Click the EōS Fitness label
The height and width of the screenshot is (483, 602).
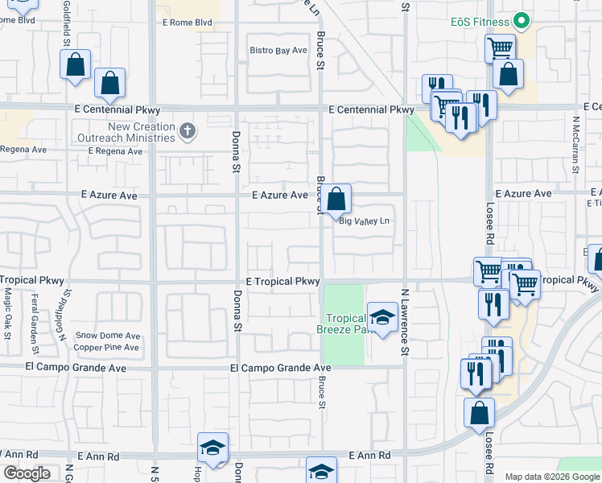pos(480,22)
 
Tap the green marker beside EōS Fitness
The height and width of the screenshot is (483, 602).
pos(522,22)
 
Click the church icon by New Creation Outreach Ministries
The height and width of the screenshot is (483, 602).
pos(188,130)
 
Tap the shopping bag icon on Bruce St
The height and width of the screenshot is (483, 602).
pos(339,198)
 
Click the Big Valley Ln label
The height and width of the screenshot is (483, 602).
pos(365,221)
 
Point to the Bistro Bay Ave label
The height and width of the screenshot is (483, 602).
pos(278,50)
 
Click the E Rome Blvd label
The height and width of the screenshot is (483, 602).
pos(187,23)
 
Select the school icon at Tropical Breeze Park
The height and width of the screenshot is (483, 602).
pos(382,317)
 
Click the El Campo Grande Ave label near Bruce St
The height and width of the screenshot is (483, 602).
pos(279,368)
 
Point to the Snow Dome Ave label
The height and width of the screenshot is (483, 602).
pos(108,336)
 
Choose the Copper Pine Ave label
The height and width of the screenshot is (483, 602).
pos(107,348)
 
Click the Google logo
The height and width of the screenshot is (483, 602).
pos(27,473)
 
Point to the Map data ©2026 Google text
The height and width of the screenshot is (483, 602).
pos(551,477)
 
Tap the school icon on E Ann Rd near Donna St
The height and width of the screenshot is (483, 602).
pos(212,448)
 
